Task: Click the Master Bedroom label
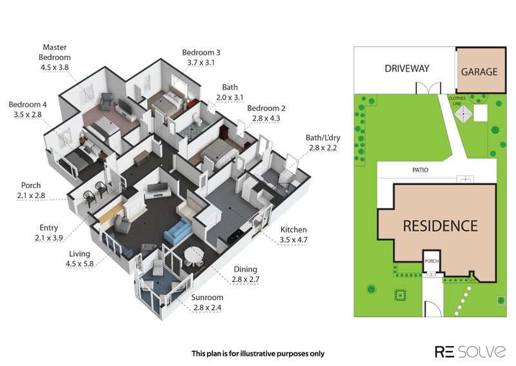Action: point(55,52)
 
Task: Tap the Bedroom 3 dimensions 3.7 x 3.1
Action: point(201,62)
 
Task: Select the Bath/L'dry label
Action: point(323,137)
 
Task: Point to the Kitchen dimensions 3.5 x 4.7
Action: point(293,240)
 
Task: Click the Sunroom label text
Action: point(207,298)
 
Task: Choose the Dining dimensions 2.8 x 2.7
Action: point(246,280)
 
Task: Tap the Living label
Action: point(79,254)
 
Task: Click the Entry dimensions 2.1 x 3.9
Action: point(49,238)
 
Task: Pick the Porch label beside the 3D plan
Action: point(31,185)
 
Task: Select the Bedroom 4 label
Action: point(28,105)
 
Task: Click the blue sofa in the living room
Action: point(177,231)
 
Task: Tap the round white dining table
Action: point(194,255)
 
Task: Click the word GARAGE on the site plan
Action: point(479,72)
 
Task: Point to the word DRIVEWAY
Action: point(407,68)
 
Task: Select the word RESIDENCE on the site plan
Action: point(441,226)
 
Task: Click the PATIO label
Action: point(421,170)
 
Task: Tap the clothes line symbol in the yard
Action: point(463,114)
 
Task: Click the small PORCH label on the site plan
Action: point(432,261)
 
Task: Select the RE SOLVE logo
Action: point(470,352)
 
